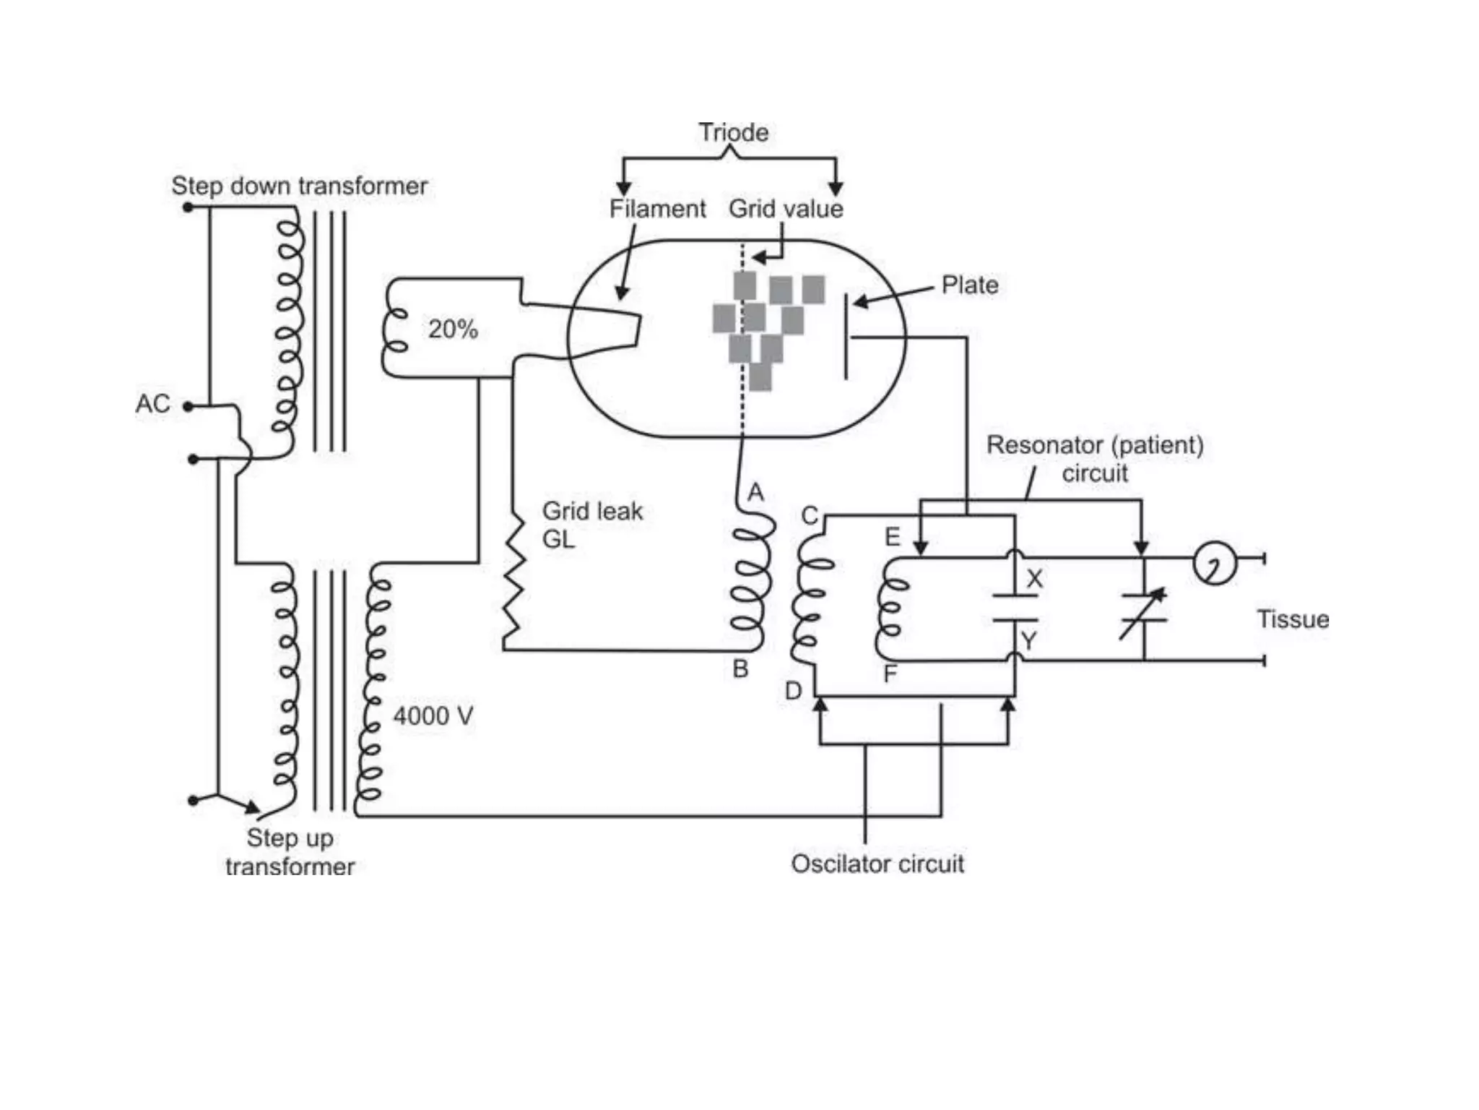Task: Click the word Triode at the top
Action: pos(733,132)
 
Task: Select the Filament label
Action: pos(657,209)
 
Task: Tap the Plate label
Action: pos(970,285)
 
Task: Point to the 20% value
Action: pos(453,329)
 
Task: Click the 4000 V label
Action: pos(433,716)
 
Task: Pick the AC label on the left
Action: pos(152,403)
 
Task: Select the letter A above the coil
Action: pos(755,493)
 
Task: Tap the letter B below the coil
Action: pos(740,669)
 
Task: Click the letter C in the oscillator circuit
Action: pos(810,515)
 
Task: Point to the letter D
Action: pos(793,692)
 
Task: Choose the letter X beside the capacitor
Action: pos(1035,578)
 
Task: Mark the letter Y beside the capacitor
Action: pos(1029,640)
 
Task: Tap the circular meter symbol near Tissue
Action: pos(1215,563)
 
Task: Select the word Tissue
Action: pos(1293,619)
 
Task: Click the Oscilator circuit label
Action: pos(877,864)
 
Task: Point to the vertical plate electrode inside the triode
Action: pos(846,337)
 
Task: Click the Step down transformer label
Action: pos(300,186)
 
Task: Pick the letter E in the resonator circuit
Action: pos(893,537)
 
